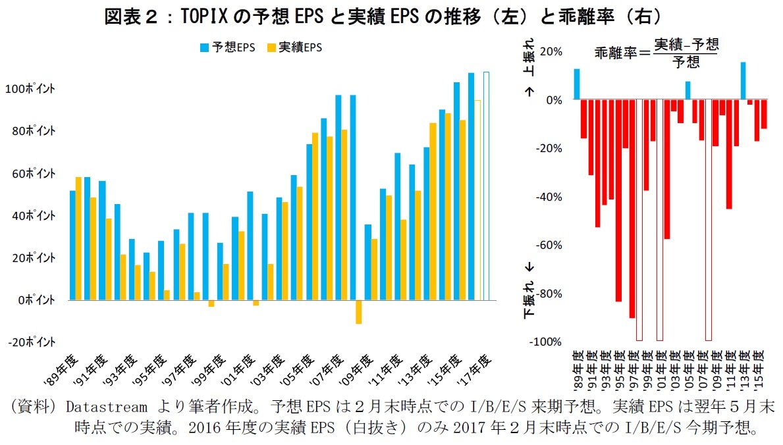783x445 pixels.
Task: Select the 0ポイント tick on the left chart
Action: (36, 300)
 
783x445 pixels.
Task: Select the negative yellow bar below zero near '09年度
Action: (359, 312)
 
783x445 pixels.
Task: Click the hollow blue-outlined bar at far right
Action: (486, 186)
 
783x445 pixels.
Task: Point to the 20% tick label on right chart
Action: (551, 51)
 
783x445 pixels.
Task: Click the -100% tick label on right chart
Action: (547, 342)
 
